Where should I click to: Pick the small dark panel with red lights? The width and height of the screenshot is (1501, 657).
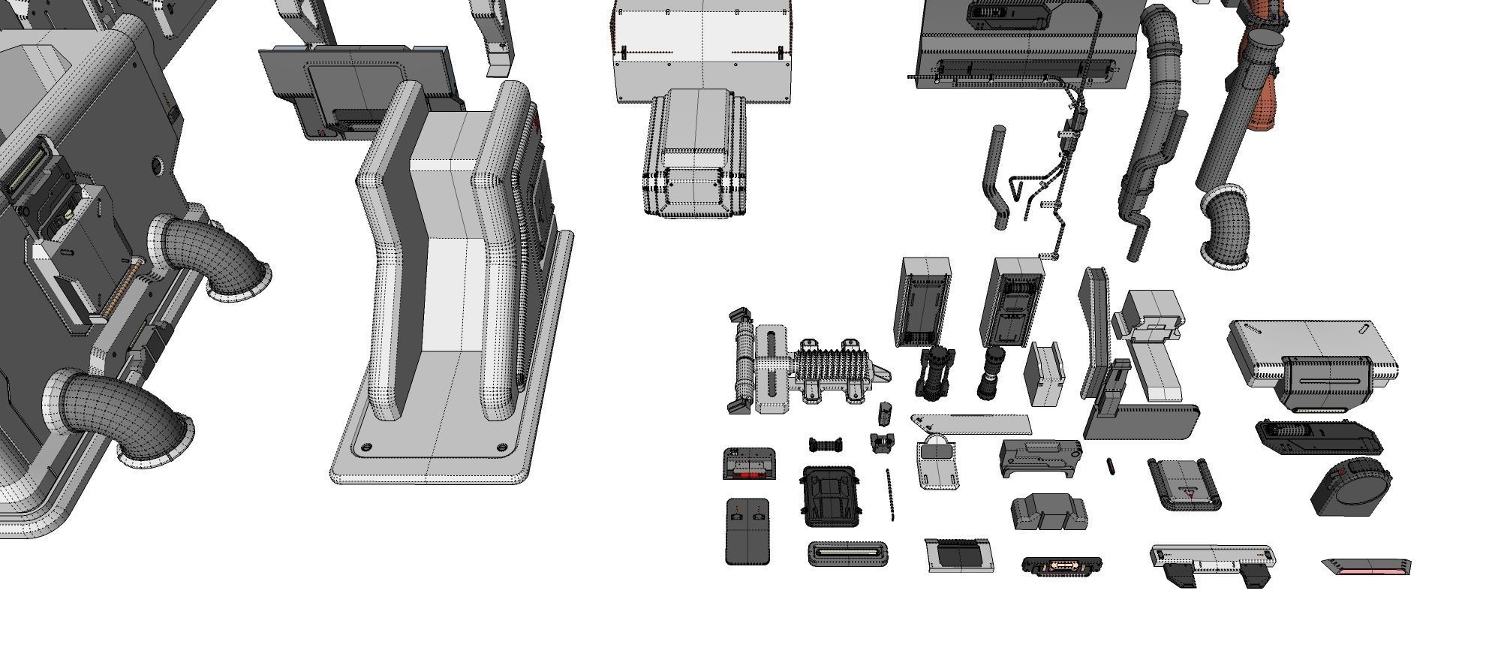pyautogui.click(x=749, y=464)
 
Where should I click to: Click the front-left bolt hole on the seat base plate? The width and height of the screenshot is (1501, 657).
pyautogui.click(x=365, y=448)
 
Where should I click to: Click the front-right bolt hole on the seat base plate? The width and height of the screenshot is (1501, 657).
pyautogui.click(x=501, y=448)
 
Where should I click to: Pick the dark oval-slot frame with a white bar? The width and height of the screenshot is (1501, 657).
pyautogui.click(x=849, y=553)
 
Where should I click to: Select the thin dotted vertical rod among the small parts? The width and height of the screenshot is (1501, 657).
pyautogui.click(x=890, y=494)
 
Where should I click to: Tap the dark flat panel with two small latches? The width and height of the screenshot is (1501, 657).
pyautogui.click(x=747, y=532)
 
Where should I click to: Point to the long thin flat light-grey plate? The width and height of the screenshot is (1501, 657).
pyautogui.click(x=972, y=425)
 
